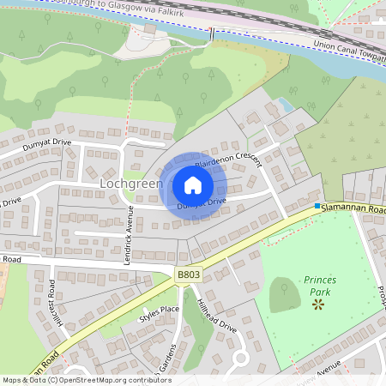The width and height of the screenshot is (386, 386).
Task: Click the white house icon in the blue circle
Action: [193, 185]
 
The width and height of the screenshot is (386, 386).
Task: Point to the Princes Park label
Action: [319, 286]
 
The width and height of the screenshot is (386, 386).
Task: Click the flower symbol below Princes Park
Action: [319, 305]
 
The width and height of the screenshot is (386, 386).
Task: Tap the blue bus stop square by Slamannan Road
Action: [317, 207]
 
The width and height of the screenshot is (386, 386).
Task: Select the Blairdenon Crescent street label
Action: [226, 160]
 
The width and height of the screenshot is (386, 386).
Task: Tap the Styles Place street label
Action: [160, 314]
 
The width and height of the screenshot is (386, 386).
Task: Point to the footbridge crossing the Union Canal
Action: [211, 34]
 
